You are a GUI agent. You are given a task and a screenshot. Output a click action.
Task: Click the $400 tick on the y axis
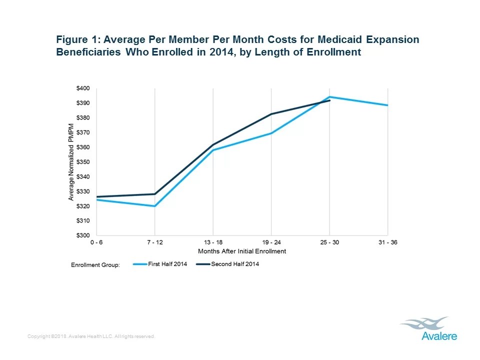83,88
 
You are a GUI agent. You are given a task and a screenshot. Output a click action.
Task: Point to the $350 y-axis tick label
83,162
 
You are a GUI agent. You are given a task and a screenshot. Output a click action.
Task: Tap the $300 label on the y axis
83,235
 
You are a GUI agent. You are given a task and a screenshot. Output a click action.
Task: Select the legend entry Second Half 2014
235,264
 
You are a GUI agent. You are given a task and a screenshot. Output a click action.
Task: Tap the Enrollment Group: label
95,265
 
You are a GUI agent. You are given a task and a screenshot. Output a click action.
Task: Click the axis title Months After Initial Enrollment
242,251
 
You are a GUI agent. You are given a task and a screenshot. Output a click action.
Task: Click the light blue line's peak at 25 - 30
329,97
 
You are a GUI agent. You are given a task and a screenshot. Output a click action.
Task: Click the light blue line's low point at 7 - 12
155,206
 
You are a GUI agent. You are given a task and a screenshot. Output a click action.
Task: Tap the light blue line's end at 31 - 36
387,105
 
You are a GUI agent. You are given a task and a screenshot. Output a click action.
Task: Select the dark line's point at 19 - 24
271,114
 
